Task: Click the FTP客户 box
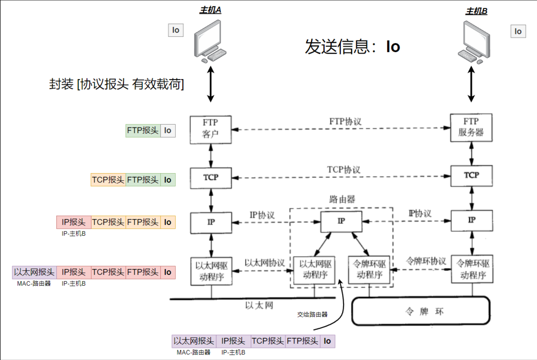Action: point(211,130)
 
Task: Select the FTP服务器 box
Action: point(471,128)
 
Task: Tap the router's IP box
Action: point(341,221)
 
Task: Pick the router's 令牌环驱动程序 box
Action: point(369,270)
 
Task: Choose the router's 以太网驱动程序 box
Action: point(314,270)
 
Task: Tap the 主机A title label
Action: point(210,11)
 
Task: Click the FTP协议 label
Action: point(345,121)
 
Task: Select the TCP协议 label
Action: point(344,170)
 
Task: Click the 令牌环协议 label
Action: point(426,261)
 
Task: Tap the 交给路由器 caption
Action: point(312,315)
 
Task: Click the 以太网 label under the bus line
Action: point(259,306)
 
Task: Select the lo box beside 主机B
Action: point(518,31)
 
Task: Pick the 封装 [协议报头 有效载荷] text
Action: point(116,84)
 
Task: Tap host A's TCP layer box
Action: point(211,178)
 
